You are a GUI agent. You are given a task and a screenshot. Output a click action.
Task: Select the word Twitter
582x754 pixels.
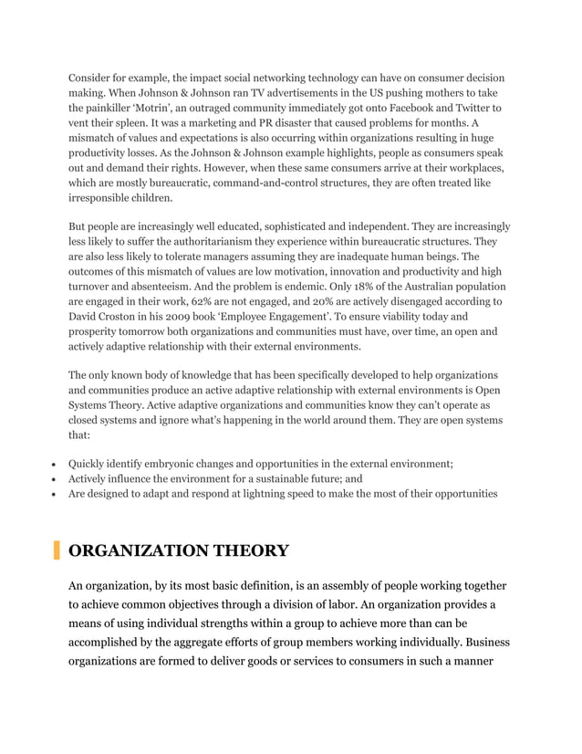tap(477, 109)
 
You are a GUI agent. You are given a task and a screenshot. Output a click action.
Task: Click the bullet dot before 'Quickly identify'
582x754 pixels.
tap(57, 465)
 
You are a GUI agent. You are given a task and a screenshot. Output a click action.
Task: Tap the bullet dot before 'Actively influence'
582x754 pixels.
tap(57, 479)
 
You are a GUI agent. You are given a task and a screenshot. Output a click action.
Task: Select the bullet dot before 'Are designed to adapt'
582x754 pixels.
tap(57, 494)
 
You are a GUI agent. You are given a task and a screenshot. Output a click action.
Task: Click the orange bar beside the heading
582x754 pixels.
tap(57, 550)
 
